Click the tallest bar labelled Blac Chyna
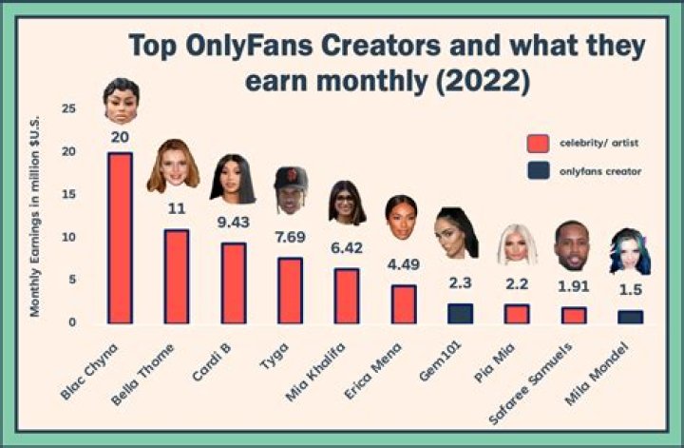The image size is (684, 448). (x=120, y=238)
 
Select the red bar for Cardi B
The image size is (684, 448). (x=234, y=282)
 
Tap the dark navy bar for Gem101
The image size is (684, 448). (x=461, y=313)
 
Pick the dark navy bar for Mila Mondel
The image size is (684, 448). (x=630, y=317)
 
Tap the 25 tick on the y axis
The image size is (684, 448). (x=68, y=109)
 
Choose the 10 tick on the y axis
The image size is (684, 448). (x=68, y=237)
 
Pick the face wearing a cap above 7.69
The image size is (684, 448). (x=290, y=189)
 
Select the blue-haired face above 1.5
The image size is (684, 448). (x=628, y=250)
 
